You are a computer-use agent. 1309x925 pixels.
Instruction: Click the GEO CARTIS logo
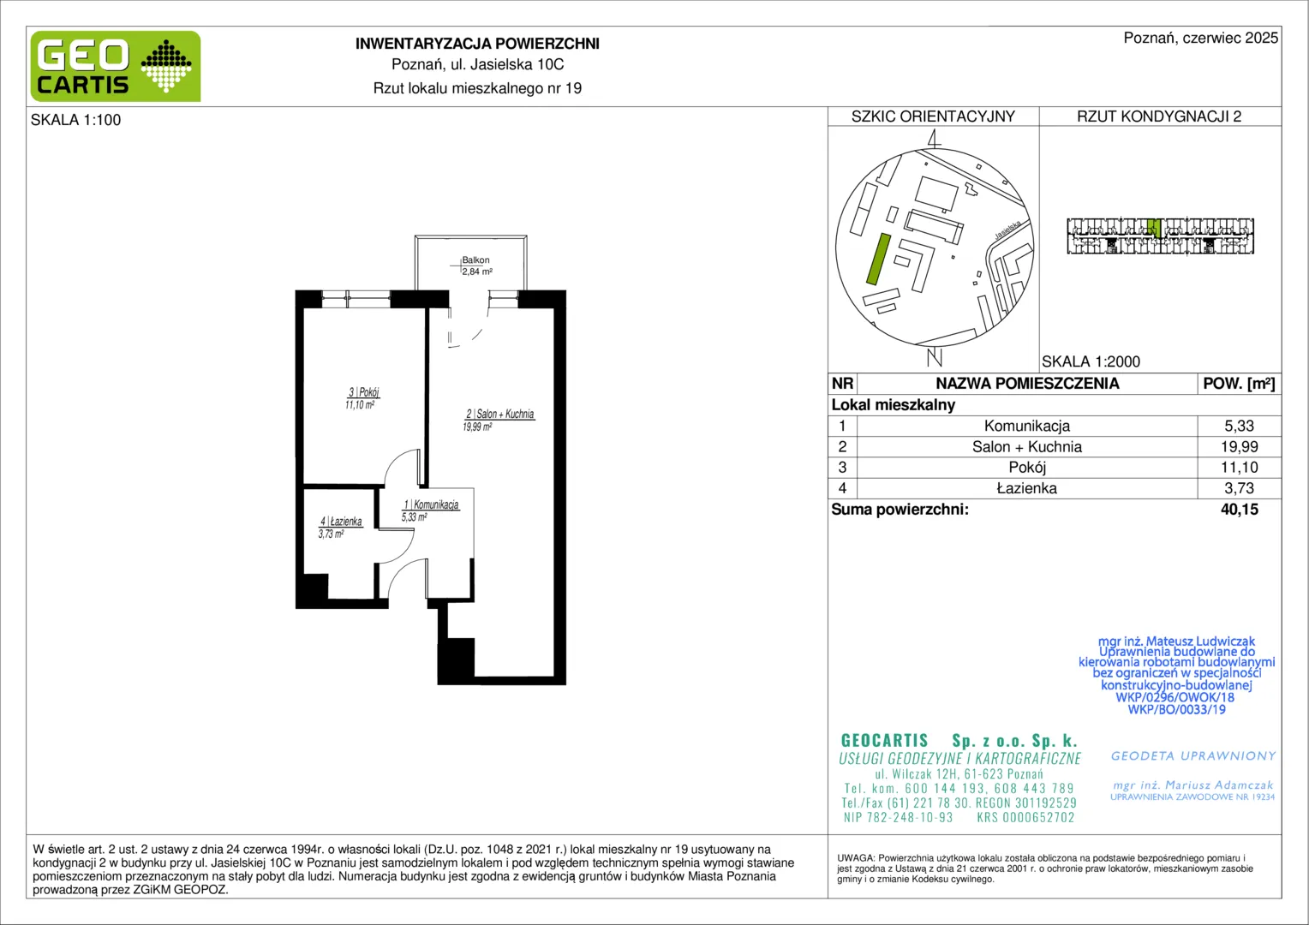click(116, 66)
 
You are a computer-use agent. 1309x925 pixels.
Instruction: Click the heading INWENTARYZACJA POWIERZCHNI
click(477, 44)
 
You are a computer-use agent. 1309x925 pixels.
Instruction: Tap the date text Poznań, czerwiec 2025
click(1201, 38)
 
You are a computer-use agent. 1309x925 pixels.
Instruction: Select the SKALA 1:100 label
click(76, 120)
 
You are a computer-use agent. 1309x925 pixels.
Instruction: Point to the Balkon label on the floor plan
click(475, 260)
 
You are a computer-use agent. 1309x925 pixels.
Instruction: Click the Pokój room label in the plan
click(364, 392)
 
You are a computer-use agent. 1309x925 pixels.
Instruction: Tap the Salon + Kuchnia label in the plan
click(500, 414)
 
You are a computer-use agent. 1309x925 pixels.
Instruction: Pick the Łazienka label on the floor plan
click(341, 522)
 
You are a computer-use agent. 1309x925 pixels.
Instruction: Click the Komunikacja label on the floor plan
click(431, 504)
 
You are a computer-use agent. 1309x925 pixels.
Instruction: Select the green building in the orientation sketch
click(878, 259)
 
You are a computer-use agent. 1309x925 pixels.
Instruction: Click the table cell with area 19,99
click(1240, 447)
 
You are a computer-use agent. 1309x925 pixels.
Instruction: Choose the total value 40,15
click(1240, 510)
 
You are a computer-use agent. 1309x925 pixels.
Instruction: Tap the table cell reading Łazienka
click(1027, 488)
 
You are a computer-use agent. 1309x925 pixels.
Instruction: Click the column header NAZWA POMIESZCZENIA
click(1027, 384)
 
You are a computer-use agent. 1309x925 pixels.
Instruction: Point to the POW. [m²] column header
click(1239, 384)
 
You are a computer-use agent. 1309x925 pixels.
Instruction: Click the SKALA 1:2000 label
click(1091, 361)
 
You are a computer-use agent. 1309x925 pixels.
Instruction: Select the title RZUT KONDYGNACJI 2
click(1159, 116)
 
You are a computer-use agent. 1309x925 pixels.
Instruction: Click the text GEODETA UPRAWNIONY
click(1193, 756)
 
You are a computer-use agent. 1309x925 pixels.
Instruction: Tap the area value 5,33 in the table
click(1240, 426)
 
